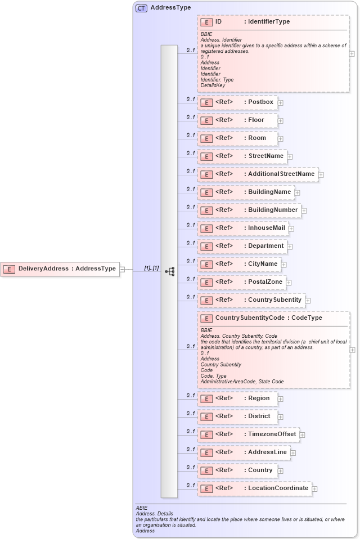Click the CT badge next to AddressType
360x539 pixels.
coord(141,8)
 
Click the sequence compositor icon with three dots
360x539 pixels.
coord(170,271)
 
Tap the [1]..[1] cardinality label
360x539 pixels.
coord(152,268)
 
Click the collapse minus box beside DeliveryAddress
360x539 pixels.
coord(122,269)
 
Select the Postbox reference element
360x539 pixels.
coord(237,102)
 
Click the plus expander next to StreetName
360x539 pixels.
coord(290,156)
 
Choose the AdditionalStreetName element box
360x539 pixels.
coord(258,174)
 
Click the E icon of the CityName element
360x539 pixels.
coord(206,264)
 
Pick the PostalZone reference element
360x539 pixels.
coord(242,282)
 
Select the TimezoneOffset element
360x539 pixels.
coord(248,434)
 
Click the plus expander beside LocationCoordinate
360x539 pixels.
coord(314,489)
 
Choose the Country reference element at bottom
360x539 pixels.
coord(237,470)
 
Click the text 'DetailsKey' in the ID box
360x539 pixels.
coord(213,86)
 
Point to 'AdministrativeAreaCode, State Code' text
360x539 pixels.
coord(242,382)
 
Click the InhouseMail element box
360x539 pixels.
coord(242,228)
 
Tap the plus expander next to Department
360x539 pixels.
coord(290,246)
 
